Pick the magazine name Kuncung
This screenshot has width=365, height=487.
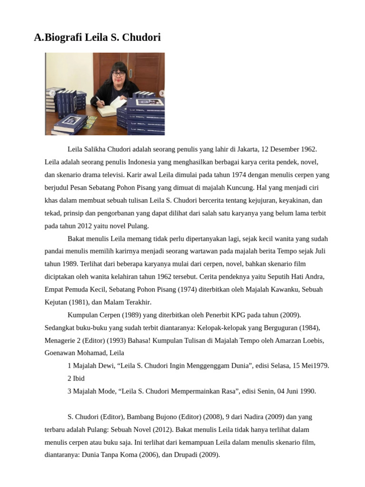pyautogui.click(x=239, y=187)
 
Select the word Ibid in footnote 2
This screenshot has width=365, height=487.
pyautogui.click(x=78, y=379)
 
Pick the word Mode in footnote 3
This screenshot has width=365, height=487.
pyautogui.click(x=107, y=391)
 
